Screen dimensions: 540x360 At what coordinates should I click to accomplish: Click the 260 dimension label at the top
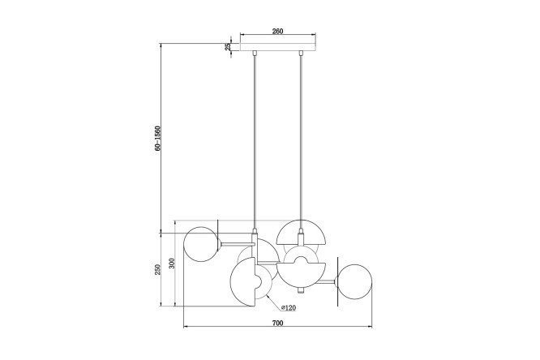tap(277, 31)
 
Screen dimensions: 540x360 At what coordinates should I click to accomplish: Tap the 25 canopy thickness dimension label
tap(228, 47)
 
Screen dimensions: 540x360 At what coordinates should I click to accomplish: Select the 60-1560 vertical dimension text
tap(158, 138)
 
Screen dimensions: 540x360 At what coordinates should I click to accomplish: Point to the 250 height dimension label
tap(158, 269)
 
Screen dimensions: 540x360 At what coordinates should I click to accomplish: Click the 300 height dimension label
tap(172, 264)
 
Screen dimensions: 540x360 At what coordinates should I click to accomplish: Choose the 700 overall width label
tap(277, 323)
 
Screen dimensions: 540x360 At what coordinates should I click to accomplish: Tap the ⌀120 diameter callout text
tap(289, 308)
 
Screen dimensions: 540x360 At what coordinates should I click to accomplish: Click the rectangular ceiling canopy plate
tap(277, 47)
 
